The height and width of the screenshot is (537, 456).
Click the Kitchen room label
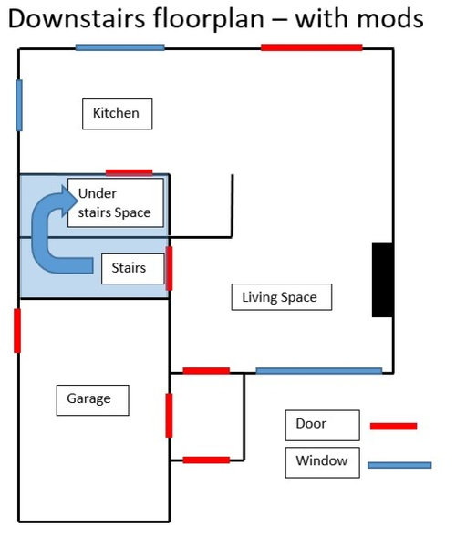[117, 114]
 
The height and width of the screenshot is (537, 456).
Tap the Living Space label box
[282, 297]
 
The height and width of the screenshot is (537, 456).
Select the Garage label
[92, 400]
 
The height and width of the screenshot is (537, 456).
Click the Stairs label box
[133, 269]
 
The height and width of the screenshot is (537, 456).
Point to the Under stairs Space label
[116, 202]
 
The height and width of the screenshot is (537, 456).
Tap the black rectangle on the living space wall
[383, 280]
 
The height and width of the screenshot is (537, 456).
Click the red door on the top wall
[311, 47]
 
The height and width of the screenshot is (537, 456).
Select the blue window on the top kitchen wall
[119, 47]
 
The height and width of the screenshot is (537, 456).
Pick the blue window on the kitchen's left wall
[19, 105]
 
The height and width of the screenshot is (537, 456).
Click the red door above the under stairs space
[130, 172]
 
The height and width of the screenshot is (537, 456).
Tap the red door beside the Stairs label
[169, 268]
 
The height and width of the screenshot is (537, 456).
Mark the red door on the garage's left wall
[17, 330]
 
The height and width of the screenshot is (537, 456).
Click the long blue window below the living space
[319, 371]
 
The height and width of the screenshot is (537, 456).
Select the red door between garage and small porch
[169, 415]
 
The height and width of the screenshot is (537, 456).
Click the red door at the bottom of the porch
[206, 460]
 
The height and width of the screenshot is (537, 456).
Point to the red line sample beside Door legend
[394, 426]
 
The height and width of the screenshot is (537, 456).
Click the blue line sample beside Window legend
[399, 465]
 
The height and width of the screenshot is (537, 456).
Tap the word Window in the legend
[322, 460]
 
